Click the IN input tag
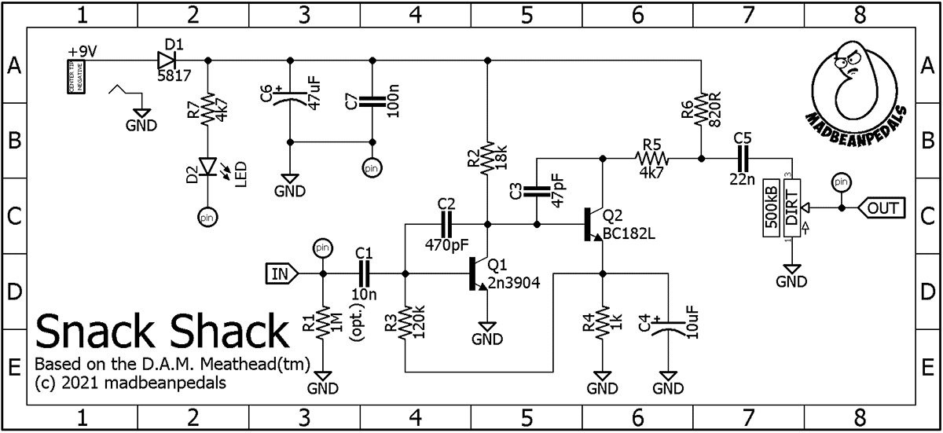pyautogui.click(x=281, y=273)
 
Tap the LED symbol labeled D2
pyautogui.click(x=207, y=167)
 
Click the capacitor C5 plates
pyautogui.click(x=743, y=159)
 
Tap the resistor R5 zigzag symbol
pyautogui.click(x=651, y=159)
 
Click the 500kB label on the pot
pyautogui.click(x=772, y=207)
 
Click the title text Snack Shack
pyautogui.click(x=162, y=333)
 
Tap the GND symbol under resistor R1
pyautogui.click(x=323, y=380)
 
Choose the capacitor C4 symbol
pyautogui.click(x=668, y=328)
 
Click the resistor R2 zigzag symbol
pyautogui.click(x=488, y=157)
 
